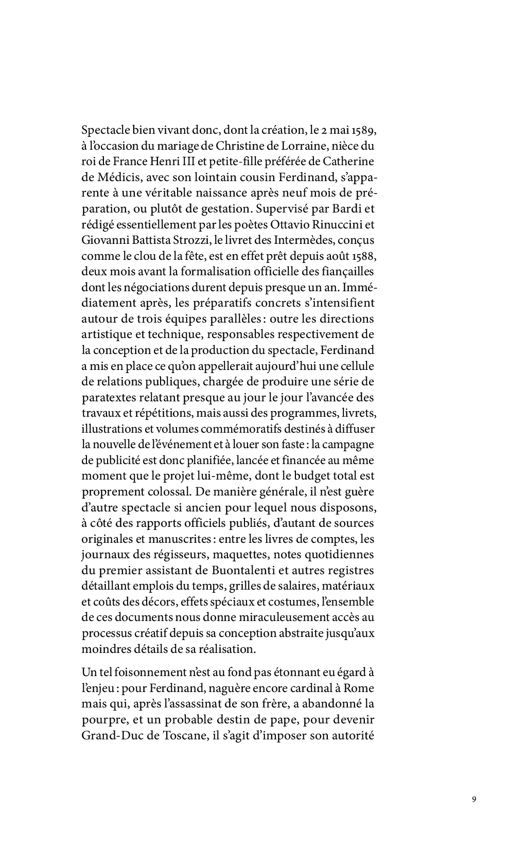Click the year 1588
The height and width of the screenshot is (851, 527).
click(367, 255)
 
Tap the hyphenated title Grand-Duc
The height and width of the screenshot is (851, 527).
click(106, 735)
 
